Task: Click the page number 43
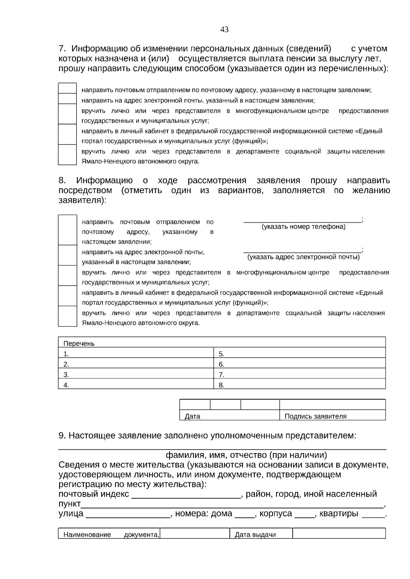224,30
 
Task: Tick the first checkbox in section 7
67,88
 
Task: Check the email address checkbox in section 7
67,99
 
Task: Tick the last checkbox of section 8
67,316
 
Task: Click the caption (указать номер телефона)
303,227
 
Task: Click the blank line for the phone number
302,221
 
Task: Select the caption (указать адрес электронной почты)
303,257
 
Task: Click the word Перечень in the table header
79,344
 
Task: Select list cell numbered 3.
136,374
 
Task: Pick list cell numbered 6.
299,364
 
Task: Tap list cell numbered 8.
299,385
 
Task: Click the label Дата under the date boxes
192,416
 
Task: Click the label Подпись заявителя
315,416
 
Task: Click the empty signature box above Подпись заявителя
332,405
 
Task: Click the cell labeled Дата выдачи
255,535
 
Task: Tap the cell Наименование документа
109,535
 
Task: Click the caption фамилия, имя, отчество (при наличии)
246,455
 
